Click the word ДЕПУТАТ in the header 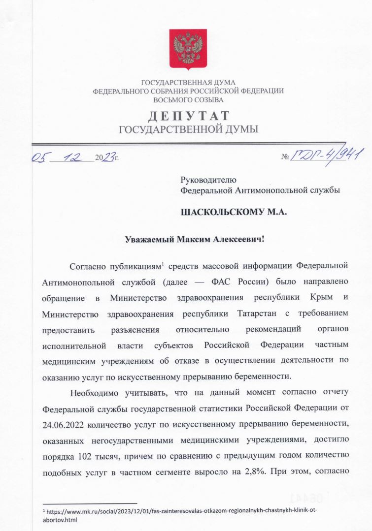pyautogui.click(x=189, y=116)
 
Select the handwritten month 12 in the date pyautogui.click(x=75, y=157)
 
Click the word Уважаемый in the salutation pyautogui.click(x=150, y=240)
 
